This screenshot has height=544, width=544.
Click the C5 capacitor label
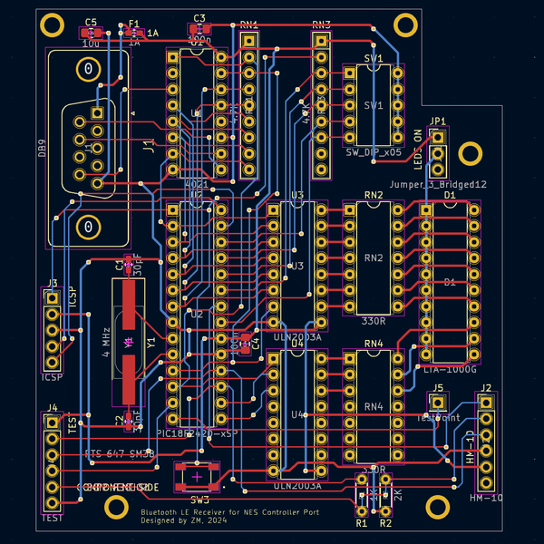pyautogui.click(x=91, y=22)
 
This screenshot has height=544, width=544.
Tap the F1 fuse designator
pyautogui.click(x=134, y=24)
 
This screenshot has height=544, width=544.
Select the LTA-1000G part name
pyautogui.click(x=450, y=369)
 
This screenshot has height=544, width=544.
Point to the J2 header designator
pyautogui.click(x=486, y=388)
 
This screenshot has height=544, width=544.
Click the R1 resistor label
pyautogui.click(x=361, y=524)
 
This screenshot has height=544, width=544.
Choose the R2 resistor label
pyautogui.click(x=385, y=524)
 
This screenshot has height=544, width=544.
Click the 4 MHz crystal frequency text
pyautogui.click(x=107, y=343)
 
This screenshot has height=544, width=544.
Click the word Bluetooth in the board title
pyautogui.click(x=161, y=512)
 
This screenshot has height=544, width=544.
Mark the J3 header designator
pyautogui.click(x=52, y=283)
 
